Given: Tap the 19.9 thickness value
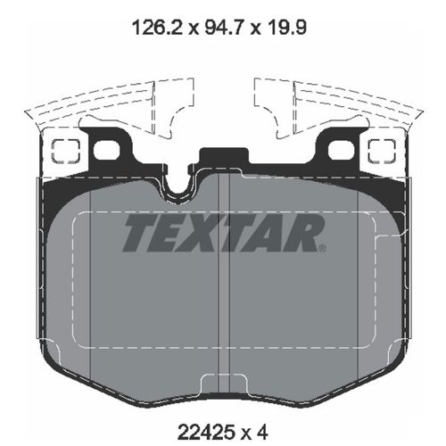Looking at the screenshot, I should pyautogui.click(x=290, y=27).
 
